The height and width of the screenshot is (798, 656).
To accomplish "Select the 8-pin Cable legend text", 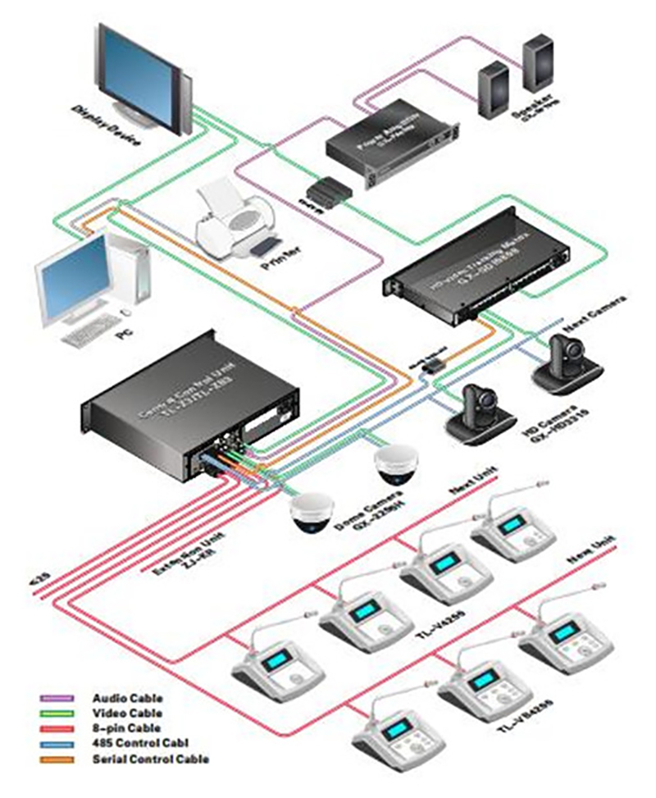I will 126,728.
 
